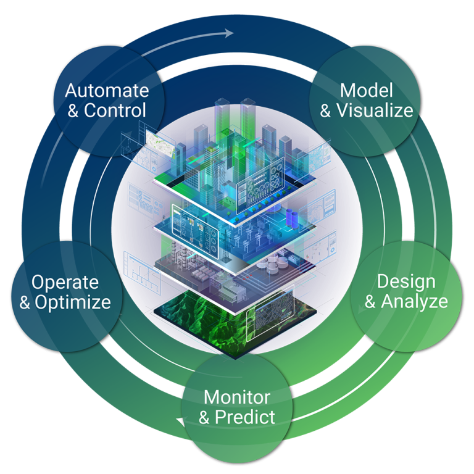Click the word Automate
click(x=107, y=91)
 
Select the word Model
click(x=366, y=91)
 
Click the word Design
click(x=405, y=281)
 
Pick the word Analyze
click(x=414, y=302)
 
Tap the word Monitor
click(x=236, y=396)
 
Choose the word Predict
click(x=245, y=417)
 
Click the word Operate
click(x=65, y=282)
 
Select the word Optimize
click(x=73, y=302)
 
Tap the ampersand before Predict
click(x=205, y=417)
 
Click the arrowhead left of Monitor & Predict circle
click(x=181, y=422)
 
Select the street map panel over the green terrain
click(x=270, y=311)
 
